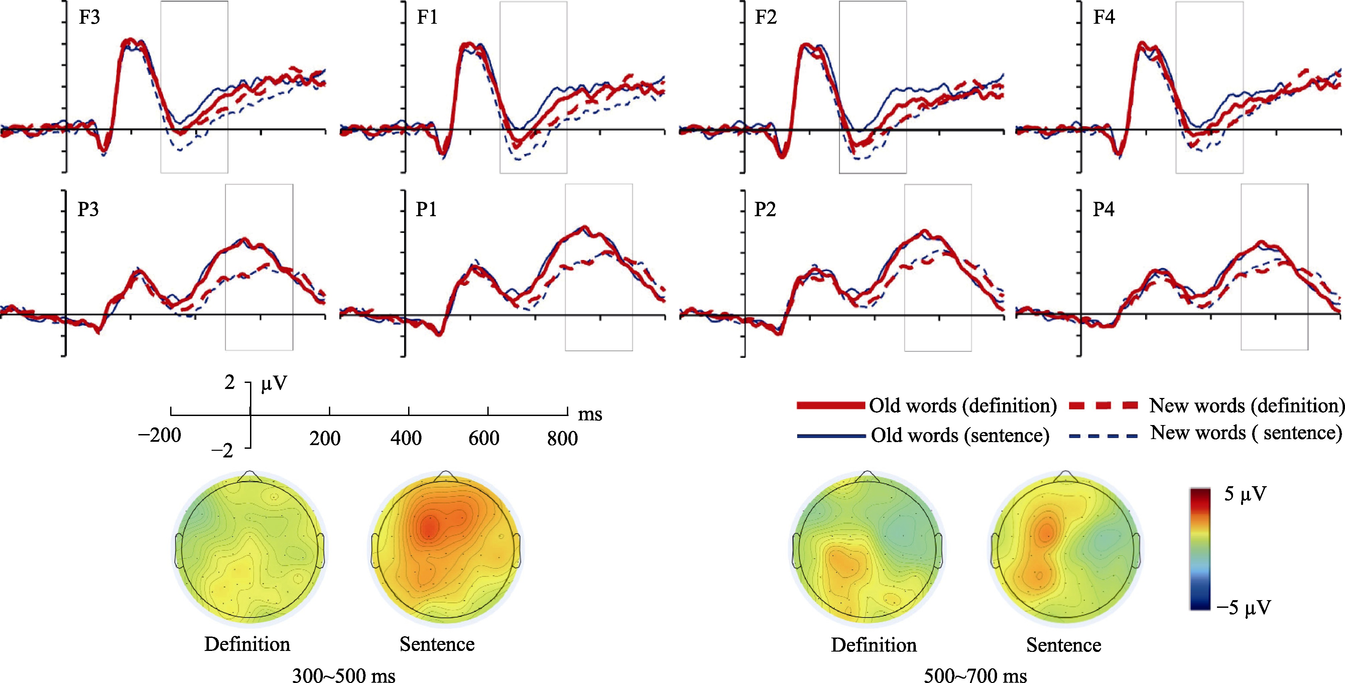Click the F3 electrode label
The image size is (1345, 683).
(89, 18)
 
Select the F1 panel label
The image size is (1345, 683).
(427, 18)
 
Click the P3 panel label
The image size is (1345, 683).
(88, 210)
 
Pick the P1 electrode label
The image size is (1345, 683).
(426, 210)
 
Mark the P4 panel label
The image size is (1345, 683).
(1104, 210)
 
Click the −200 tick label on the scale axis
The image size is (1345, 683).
(159, 435)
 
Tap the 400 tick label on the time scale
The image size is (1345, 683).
(406, 438)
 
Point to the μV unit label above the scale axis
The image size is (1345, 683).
(274, 384)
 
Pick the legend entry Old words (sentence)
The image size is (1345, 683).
(960, 435)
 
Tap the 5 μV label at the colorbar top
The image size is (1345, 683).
(1245, 494)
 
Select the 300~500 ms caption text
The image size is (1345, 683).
(344, 676)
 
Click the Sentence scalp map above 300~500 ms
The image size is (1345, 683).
(445, 547)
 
